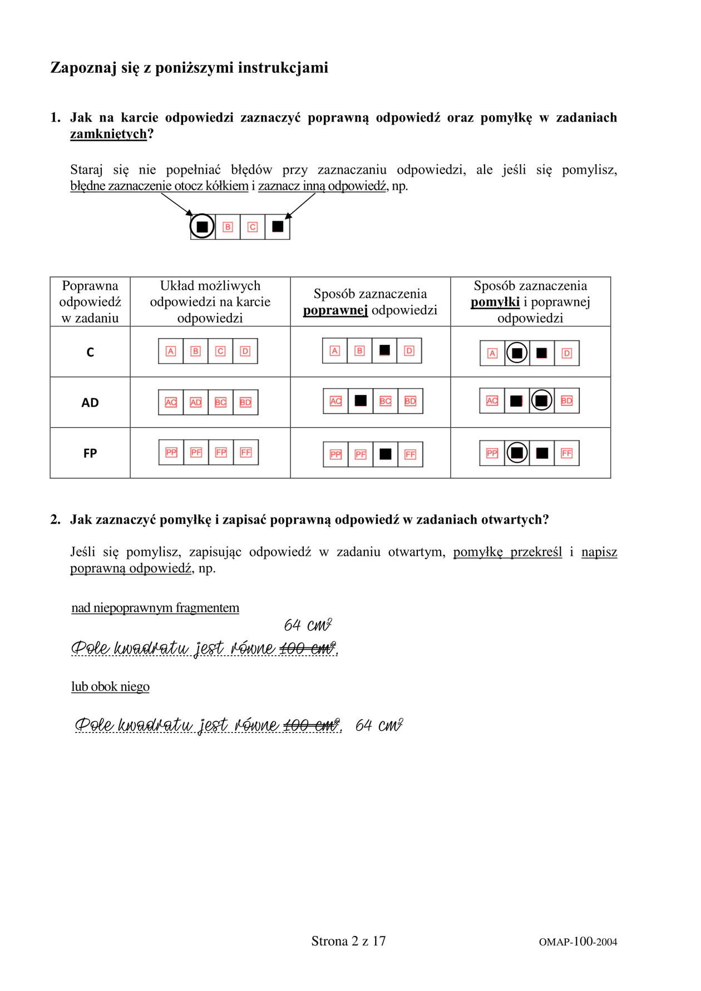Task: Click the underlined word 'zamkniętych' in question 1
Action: point(108,134)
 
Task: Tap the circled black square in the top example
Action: point(203,227)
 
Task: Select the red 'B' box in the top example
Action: point(228,227)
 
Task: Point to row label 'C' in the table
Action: point(90,352)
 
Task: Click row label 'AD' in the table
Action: point(90,403)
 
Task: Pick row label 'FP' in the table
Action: point(90,453)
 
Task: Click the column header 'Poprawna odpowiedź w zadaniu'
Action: point(90,301)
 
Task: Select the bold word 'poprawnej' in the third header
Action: point(335,310)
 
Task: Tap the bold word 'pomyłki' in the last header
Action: point(495,302)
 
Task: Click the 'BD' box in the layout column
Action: point(245,402)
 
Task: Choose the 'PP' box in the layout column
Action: point(171,453)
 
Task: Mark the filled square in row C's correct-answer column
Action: point(384,350)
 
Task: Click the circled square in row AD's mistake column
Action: point(541,400)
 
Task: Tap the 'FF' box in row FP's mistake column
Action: point(566,453)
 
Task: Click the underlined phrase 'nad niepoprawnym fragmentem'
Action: point(155,608)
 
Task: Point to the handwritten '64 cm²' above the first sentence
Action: point(308,626)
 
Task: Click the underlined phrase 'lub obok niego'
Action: point(110,687)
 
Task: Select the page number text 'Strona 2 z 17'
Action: point(348,941)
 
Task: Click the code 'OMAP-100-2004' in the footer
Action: point(577,942)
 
